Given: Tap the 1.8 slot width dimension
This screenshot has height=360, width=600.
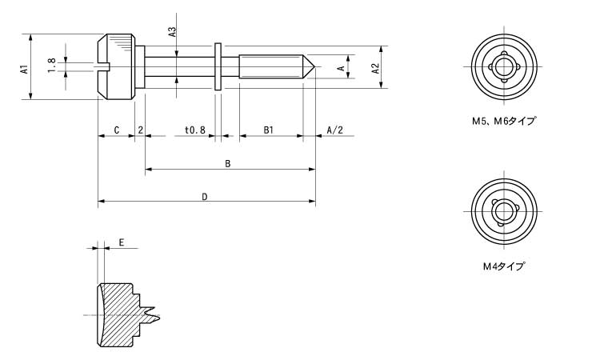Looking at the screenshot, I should tap(52, 66).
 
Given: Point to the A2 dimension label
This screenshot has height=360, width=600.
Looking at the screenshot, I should tap(375, 69).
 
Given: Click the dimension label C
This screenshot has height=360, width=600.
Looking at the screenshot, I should tap(117, 130).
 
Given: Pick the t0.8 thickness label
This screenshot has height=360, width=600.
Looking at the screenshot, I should tap(194, 130).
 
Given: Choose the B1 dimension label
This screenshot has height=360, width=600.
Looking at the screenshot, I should tap(269, 130).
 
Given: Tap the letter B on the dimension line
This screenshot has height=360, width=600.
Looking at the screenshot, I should tap(228, 164).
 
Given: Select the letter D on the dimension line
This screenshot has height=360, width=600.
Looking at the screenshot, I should tap(205, 196).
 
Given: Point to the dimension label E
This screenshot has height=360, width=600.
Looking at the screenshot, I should tap(121, 242).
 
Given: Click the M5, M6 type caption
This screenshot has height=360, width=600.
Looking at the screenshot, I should tap(502, 122).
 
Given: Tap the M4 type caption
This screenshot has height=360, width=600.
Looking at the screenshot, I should tap(502, 266).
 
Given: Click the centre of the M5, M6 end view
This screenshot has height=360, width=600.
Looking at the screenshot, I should tap(503, 66).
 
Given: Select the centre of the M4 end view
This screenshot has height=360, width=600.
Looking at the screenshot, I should tap(503, 210).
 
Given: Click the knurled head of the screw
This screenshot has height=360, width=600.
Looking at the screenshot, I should tap(117, 66).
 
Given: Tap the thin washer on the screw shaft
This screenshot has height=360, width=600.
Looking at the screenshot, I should tap(217, 67).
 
